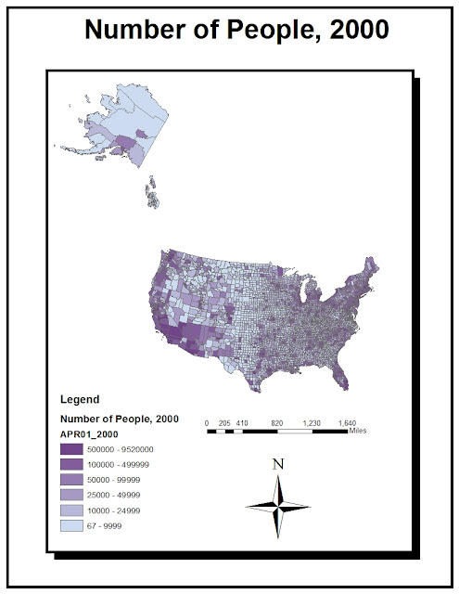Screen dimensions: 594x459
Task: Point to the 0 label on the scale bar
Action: pos(207,422)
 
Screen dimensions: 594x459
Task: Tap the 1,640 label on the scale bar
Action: pos(348,422)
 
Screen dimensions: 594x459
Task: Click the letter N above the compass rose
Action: pos(277,463)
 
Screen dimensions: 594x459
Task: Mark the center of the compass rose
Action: pos(277,506)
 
